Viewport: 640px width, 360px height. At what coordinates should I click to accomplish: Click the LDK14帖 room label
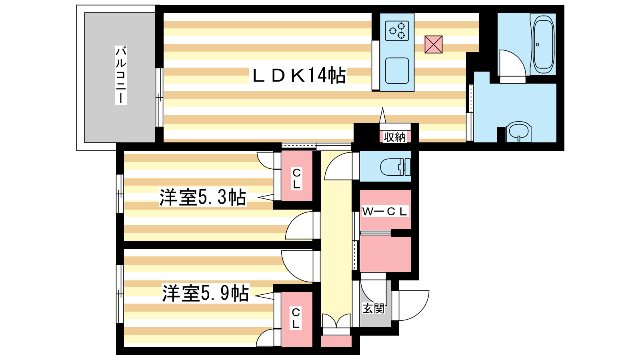tap(299, 75)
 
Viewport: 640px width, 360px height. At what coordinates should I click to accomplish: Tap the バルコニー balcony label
tap(120, 75)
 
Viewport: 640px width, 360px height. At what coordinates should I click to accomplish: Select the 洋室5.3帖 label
tap(202, 197)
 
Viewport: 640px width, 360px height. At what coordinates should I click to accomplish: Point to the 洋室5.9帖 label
tap(206, 293)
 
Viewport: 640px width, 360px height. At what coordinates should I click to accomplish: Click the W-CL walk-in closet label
tap(384, 212)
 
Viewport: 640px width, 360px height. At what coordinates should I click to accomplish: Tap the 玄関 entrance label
tap(374, 308)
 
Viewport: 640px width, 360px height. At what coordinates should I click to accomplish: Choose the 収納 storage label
tap(394, 138)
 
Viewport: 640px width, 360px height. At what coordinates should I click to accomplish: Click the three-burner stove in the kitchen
tap(397, 31)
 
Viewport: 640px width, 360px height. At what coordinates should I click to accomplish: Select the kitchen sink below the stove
tap(397, 71)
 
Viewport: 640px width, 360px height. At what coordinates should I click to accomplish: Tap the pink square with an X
tap(434, 44)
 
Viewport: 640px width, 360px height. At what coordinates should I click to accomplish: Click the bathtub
tap(543, 44)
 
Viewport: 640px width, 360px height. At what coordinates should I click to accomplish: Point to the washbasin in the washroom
tap(518, 132)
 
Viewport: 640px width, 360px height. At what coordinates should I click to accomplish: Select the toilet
tap(396, 167)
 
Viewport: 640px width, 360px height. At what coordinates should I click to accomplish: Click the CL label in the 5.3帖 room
tap(296, 179)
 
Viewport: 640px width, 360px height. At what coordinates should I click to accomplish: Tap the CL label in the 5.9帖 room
tap(296, 318)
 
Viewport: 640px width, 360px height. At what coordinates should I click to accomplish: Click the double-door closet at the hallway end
tap(336, 324)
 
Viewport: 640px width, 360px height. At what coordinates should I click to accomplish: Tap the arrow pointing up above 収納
tap(382, 115)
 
